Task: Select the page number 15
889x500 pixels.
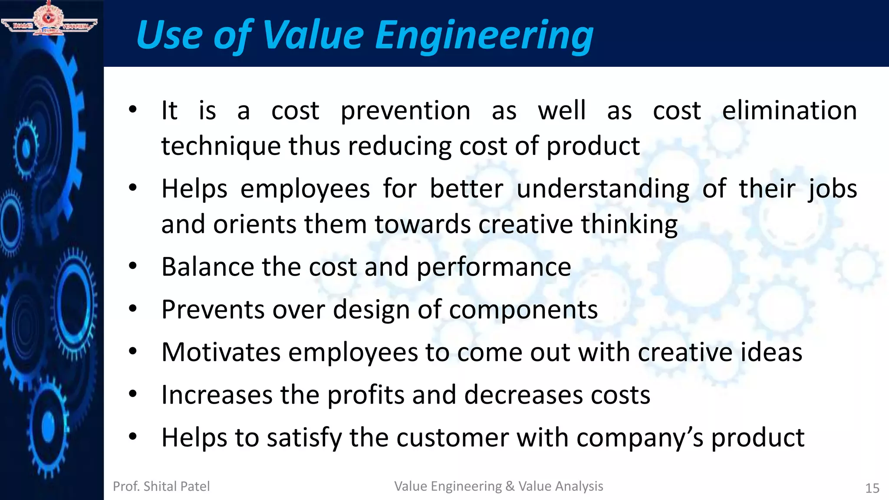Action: pyautogui.click(x=872, y=488)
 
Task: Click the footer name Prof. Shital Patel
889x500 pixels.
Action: pyautogui.click(x=161, y=487)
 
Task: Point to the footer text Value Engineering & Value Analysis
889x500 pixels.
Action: pyautogui.click(x=498, y=486)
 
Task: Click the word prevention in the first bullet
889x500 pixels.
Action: pyautogui.click(x=405, y=111)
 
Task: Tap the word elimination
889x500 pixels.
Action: pyautogui.click(x=789, y=110)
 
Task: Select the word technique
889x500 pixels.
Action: pyautogui.click(x=221, y=146)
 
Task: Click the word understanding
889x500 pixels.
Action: pyautogui.click(x=603, y=190)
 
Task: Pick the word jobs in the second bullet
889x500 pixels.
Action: pyautogui.click(x=832, y=190)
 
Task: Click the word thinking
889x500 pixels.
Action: pyautogui.click(x=629, y=225)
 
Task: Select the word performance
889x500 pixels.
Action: pyautogui.click(x=494, y=267)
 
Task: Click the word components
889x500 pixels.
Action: pyautogui.click(x=523, y=310)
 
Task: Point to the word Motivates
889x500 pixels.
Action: pyautogui.click(x=221, y=352)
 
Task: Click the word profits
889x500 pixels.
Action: pyautogui.click(x=365, y=395)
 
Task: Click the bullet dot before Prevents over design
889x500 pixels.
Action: pyautogui.click(x=133, y=309)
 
